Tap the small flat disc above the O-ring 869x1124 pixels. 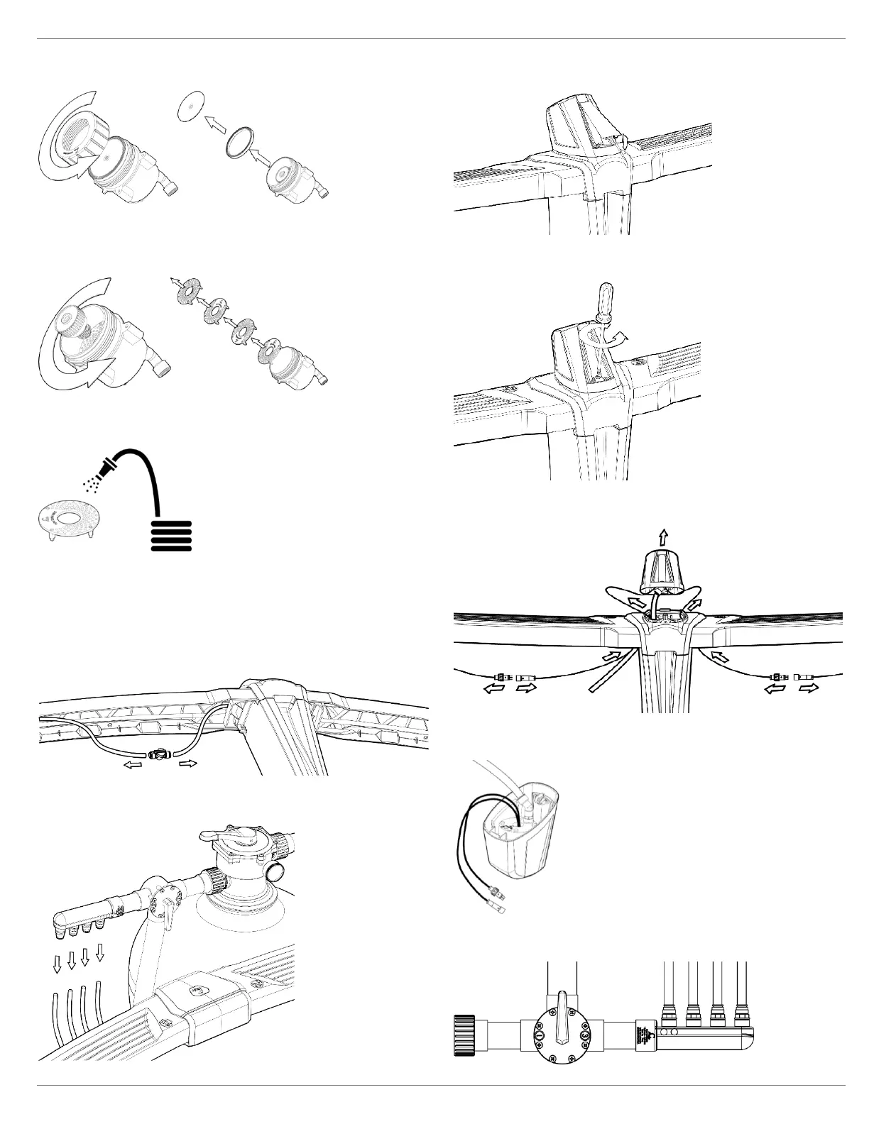(188, 104)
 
